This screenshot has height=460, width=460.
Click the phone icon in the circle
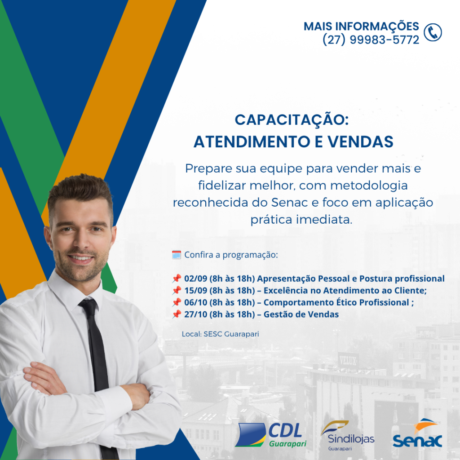(x=433, y=32)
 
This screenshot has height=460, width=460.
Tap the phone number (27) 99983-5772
(x=371, y=40)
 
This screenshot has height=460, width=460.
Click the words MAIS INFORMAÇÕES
(x=361, y=27)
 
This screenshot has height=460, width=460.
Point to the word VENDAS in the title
(x=360, y=142)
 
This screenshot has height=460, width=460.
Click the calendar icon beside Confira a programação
(x=176, y=255)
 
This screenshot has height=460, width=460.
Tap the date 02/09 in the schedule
(x=196, y=279)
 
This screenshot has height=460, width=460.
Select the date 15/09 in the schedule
(x=196, y=291)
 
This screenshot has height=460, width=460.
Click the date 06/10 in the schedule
(x=196, y=302)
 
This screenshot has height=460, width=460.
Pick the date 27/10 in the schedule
(x=196, y=314)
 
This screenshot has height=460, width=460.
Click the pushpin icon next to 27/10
(x=176, y=314)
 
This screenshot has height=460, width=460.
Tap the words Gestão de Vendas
(x=301, y=314)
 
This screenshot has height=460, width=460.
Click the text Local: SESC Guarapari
(x=220, y=334)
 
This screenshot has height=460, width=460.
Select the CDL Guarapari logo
(x=270, y=435)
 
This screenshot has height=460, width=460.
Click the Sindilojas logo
(x=347, y=436)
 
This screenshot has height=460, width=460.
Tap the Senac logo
(x=417, y=433)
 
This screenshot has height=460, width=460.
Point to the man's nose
(x=82, y=241)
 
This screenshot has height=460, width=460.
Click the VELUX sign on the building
(x=348, y=360)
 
